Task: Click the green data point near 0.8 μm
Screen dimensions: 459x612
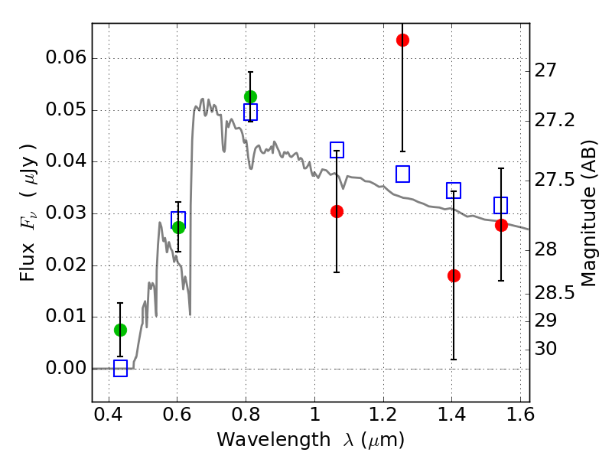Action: click(x=250, y=96)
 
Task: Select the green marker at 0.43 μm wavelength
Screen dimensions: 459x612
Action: click(x=120, y=330)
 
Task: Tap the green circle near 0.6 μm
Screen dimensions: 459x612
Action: click(x=178, y=227)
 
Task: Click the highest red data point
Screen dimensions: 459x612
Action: click(x=402, y=40)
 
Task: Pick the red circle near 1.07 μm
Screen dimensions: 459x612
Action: click(x=337, y=211)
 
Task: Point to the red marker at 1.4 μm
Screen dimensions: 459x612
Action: click(x=454, y=275)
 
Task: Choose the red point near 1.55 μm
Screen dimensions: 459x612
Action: click(x=501, y=225)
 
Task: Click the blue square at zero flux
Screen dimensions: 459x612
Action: click(x=120, y=369)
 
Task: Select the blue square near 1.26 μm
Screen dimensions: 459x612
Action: click(x=402, y=174)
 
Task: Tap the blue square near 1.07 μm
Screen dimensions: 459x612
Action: click(x=337, y=150)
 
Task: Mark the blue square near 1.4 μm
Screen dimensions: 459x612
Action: click(x=454, y=190)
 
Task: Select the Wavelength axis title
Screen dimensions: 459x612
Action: click(x=310, y=440)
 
